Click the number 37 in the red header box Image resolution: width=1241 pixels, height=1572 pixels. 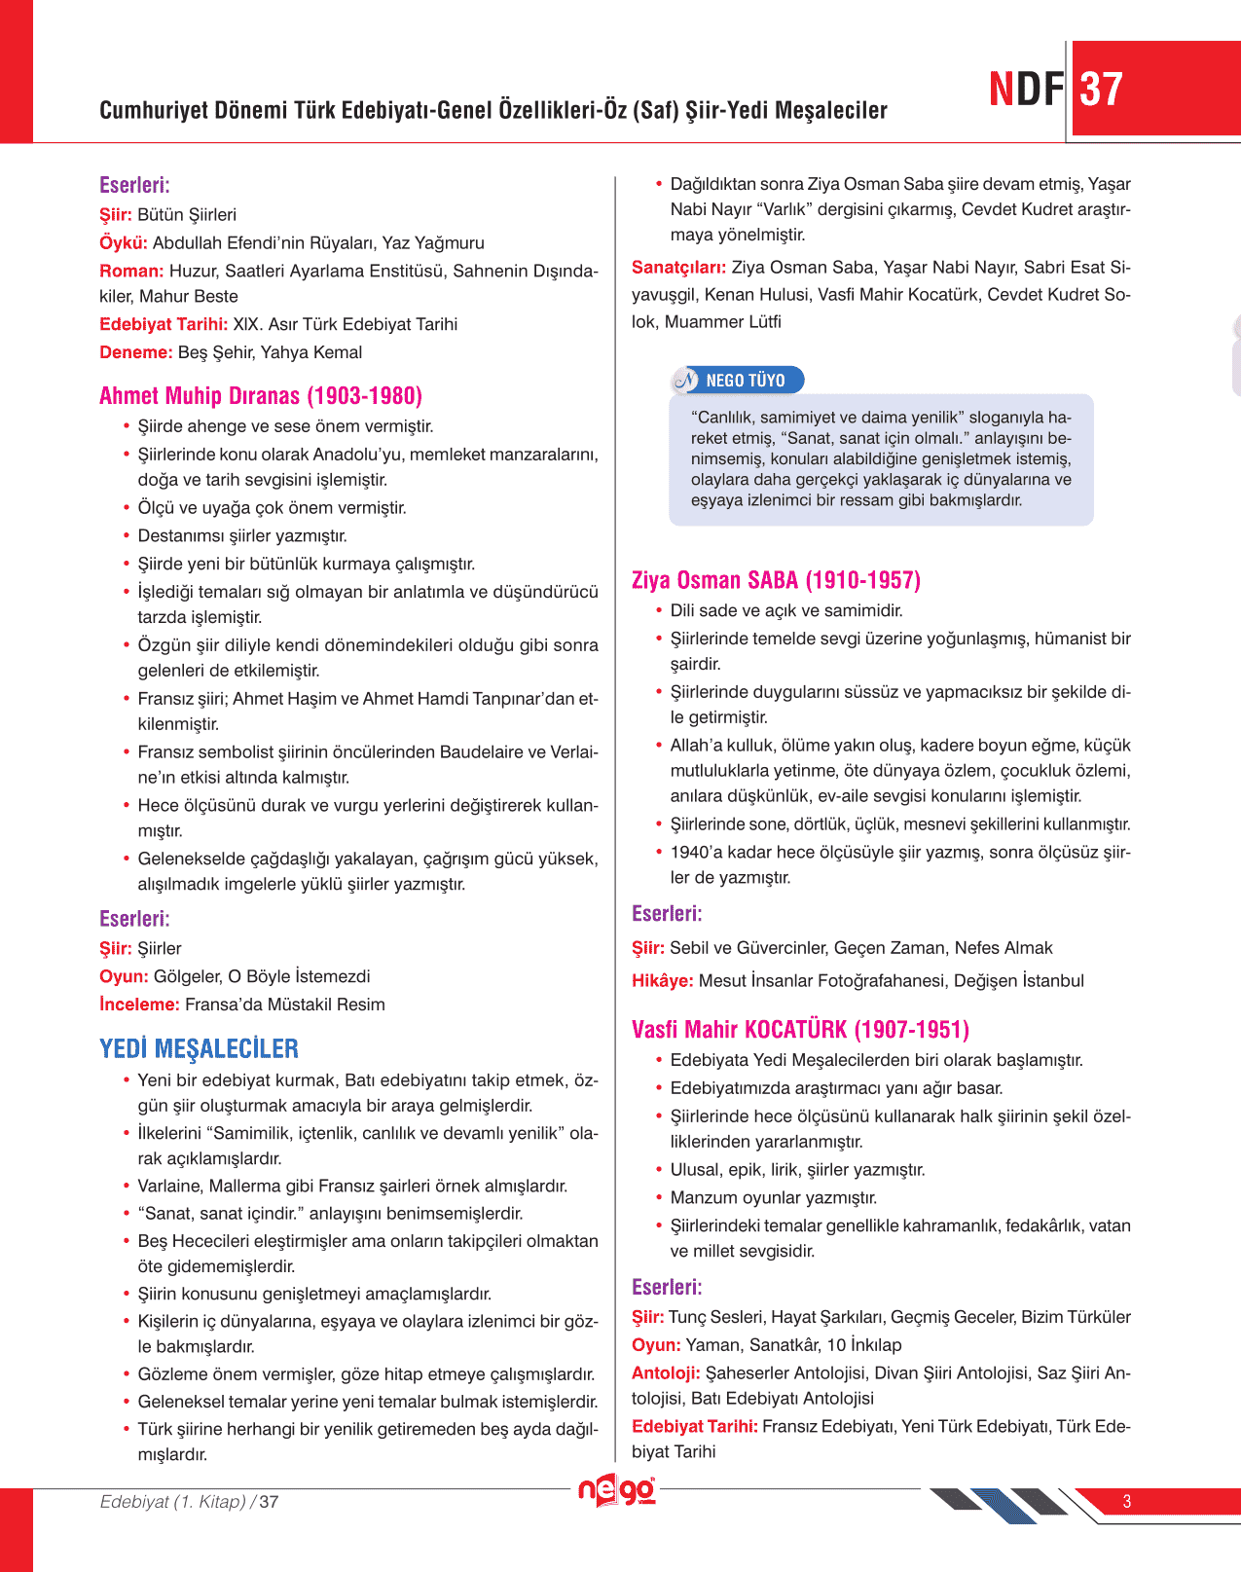1101,90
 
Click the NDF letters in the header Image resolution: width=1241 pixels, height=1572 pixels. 1027,90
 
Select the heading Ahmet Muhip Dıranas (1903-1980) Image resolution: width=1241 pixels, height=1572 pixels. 261,396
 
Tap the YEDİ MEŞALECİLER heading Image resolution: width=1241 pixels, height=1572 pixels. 199,1048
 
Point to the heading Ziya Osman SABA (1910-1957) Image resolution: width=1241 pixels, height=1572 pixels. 776,580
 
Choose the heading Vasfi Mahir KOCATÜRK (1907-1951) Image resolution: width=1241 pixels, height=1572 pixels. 800,1029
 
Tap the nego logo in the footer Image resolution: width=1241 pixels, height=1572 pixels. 616,1490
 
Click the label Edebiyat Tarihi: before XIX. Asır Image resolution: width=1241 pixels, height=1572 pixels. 164,324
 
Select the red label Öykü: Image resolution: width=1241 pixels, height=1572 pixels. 124,242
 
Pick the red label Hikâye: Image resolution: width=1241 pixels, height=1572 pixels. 662,980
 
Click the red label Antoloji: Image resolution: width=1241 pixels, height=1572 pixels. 666,1372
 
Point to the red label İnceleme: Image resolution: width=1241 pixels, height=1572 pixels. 139,1004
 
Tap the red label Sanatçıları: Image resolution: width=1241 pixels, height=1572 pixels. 678,267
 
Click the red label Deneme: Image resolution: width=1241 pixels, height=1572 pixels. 135,352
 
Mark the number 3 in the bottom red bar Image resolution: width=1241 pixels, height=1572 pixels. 1126,1501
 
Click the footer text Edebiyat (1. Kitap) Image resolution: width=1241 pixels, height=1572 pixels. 173,1501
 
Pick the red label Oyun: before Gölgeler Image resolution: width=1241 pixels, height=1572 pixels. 124,975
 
